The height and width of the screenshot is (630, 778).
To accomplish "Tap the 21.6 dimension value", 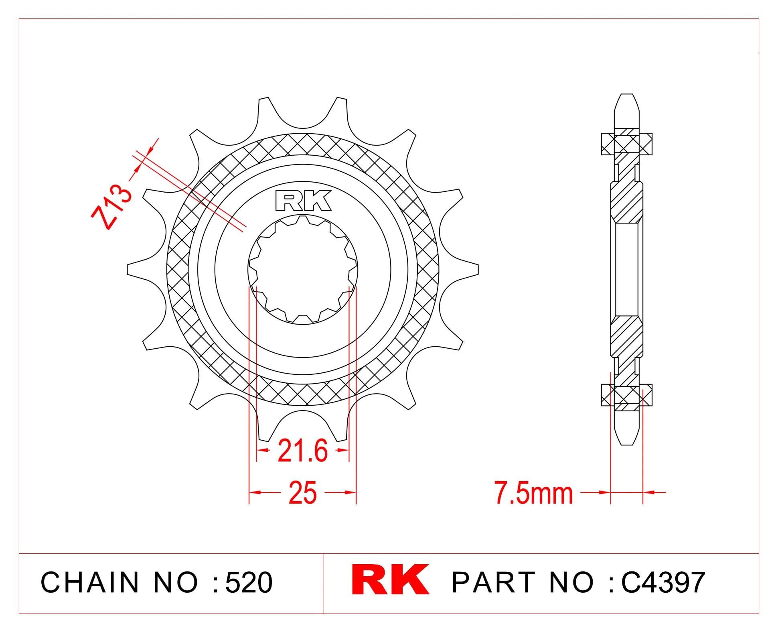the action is tap(303, 451).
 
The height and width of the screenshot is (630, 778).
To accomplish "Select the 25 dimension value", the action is tap(302, 492).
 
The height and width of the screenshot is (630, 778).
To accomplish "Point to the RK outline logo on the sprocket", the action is tap(304, 201).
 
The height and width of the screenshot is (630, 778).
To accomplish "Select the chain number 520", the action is tap(249, 582).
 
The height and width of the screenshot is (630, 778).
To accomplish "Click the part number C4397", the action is tap(663, 582).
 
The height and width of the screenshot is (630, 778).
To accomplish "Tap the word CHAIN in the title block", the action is tap(90, 582).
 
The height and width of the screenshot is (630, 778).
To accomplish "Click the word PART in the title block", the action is tap(494, 582).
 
